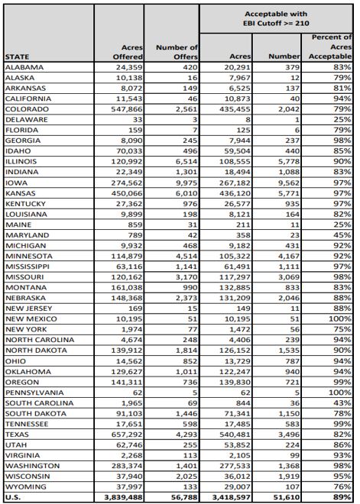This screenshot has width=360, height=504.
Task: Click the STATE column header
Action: click(x=18, y=57)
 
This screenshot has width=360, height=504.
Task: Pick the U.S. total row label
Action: click(x=15, y=496)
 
